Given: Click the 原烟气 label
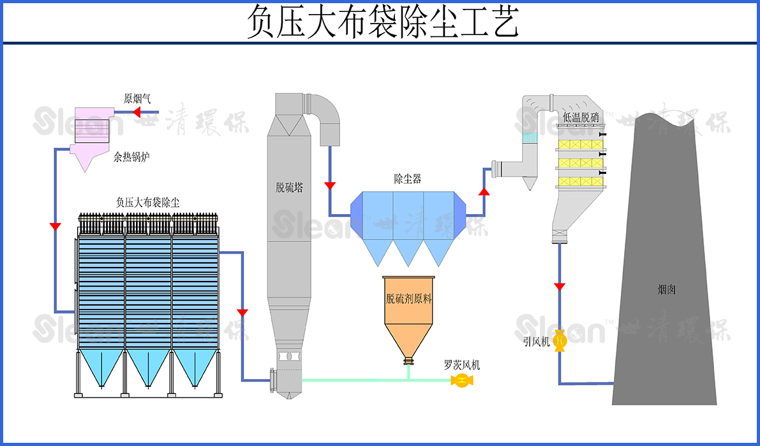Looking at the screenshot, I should (x=137, y=98).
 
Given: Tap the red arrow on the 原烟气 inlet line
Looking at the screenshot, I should (x=136, y=113).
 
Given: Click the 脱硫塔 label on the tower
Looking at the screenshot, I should (x=289, y=187).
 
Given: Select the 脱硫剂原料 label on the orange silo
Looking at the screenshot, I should (x=408, y=299).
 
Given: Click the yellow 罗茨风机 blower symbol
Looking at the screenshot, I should (x=460, y=380).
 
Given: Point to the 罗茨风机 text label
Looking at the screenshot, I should (x=462, y=365).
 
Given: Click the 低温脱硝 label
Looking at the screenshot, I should (x=581, y=117).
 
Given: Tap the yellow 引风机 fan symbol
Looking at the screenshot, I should (x=560, y=342).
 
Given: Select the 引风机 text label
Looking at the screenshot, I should (x=536, y=342).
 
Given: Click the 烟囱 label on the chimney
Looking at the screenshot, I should (x=666, y=289).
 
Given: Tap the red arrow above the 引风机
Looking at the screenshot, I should (x=560, y=287).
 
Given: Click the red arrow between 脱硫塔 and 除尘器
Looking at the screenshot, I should (x=330, y=186).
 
